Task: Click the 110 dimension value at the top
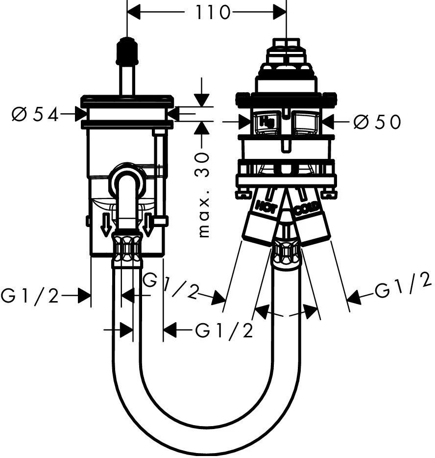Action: point(207,13)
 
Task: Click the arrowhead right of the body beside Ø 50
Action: point(327,121)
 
